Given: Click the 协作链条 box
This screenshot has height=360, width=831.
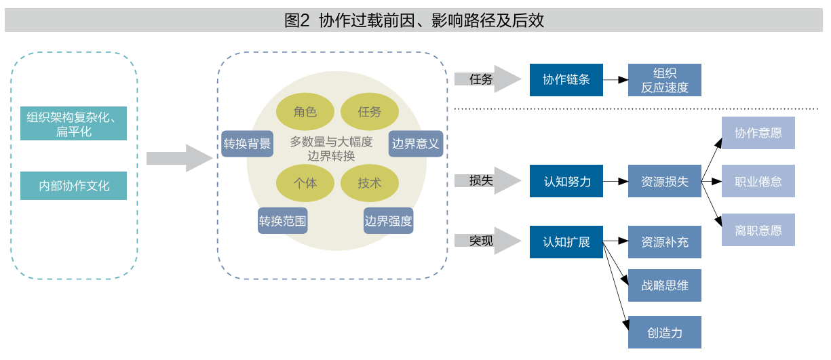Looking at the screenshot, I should coord(566,79).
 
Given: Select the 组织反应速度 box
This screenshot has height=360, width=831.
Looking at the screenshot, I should coord(664,80).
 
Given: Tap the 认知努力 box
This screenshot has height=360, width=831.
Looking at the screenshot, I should coord(566,181).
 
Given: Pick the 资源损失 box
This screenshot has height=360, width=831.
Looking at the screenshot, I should coord(664,181).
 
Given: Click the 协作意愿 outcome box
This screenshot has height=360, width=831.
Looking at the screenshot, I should coord(758,133).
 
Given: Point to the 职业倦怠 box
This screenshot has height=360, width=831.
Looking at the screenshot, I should coord(758,181).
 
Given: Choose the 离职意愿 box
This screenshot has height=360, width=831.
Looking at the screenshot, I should coord(758,230).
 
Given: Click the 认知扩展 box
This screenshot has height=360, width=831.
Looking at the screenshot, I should coord(566,241).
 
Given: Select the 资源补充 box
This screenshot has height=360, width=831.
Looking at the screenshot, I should coord(664,241).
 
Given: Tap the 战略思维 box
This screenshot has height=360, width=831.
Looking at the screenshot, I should coord(664,285).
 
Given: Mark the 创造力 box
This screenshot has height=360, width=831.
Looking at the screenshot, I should coord(664,332).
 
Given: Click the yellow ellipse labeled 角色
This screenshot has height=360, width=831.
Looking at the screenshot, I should coord(305,112).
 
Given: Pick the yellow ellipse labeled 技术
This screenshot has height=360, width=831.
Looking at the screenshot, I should coord(369,182).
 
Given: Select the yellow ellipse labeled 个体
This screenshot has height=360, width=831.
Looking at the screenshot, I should coord(305,182).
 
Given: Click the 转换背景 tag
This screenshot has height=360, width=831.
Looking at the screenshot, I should coord(247,144).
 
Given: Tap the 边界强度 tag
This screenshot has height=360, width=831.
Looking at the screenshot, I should coord(388,220).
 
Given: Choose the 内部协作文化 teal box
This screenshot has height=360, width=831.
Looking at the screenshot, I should coord(73,185).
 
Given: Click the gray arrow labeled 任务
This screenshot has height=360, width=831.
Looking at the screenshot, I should coord(483,79).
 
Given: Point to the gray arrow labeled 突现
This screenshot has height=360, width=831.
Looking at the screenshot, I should coord(483,241).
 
